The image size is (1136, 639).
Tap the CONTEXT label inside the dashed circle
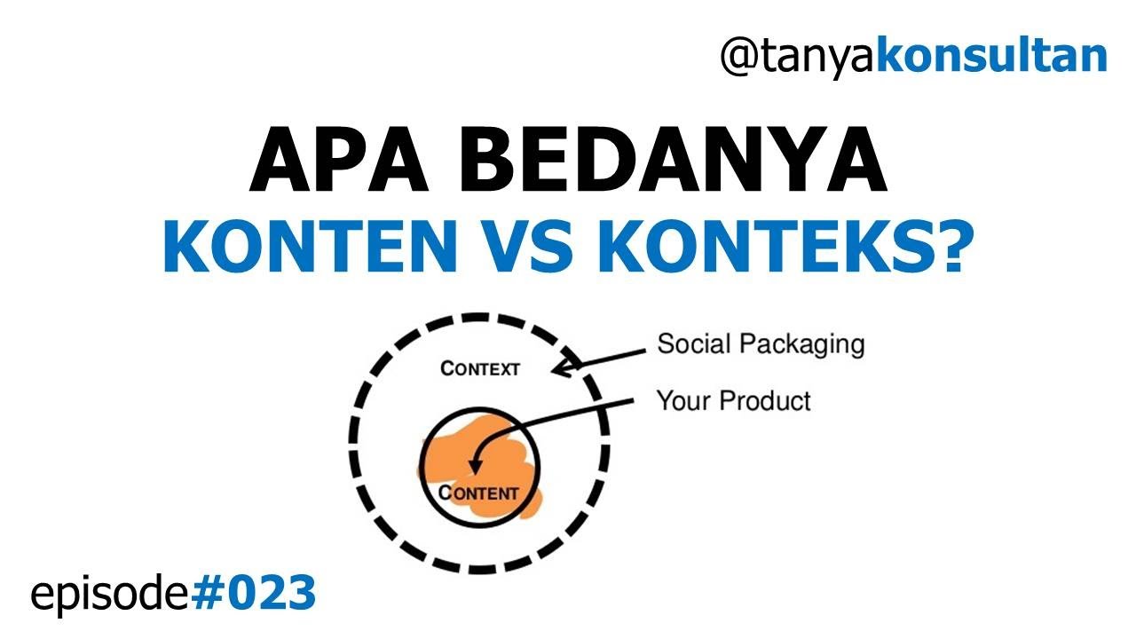pyautogui.click(x=480, y=368)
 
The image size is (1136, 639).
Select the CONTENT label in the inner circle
pyautogui.click(x=479, y=493)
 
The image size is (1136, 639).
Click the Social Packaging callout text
pyautogui.click(x=761, y=344)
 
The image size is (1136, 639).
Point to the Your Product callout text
pyautogui.click(x=733, y=401)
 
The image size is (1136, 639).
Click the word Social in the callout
pyautogui.click(x=692, y=343)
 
